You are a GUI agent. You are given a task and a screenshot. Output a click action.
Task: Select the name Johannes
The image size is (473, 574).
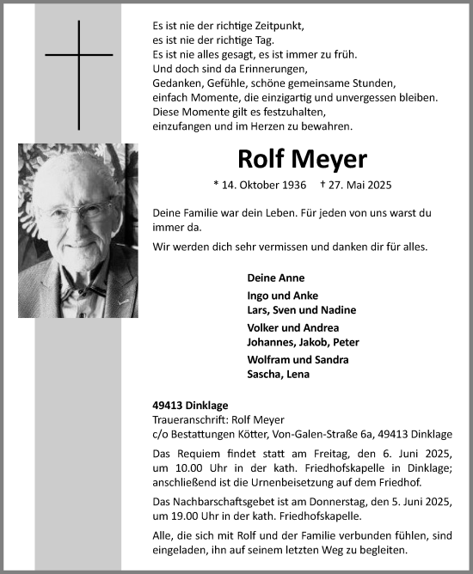point(274,341)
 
